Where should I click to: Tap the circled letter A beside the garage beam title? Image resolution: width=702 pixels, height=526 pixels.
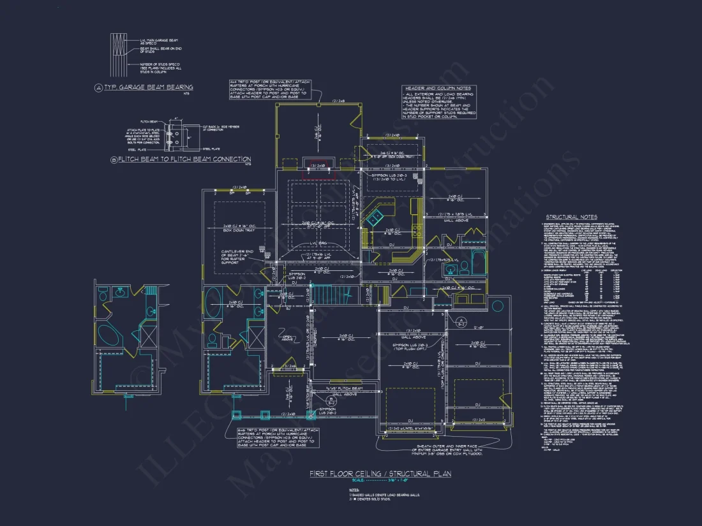click(x=98, y=87)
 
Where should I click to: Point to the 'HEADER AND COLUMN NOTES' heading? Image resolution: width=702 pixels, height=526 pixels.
click(x=437, y=88)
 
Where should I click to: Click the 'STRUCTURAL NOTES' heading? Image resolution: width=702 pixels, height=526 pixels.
click(x=571, y=217)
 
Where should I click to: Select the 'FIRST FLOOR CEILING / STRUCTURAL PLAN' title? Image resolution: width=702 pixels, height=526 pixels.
click(x=380, y=474)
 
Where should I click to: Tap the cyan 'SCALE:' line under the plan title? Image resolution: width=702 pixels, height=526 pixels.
click(x=380, y=481)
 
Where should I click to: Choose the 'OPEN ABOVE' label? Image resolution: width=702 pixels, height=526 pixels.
click(x=287, y=339)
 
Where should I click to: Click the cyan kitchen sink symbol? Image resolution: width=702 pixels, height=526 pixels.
click(x=375, y=218)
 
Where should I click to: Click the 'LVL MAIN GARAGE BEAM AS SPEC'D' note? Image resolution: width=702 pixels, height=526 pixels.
click(x=160, y=41)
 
